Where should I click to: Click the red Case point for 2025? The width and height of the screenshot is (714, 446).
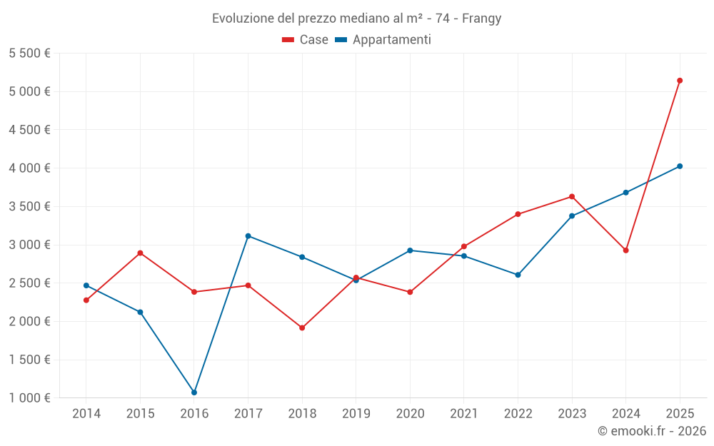pyautogui.click(x=680, y=81)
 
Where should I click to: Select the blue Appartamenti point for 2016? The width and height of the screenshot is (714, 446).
pyautogui.click(x=194, y=392)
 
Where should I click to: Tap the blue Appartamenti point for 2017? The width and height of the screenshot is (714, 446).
pyautogui.click(x=248, y=236)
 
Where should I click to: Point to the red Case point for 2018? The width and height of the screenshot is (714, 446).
pyautogui.click(x=302, y=328)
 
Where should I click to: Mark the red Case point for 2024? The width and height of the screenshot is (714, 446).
pyautogui.click(x=625, y=250)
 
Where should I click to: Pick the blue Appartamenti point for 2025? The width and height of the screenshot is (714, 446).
pyautogui.click(x=680, y=166)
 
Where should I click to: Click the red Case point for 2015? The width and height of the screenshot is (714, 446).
pyautogui.click(x=140, y=253)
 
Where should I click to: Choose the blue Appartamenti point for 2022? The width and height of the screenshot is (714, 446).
pyautogui.click(x=518, y=275)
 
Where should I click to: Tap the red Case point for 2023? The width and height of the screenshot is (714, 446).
pyautogui.click(x=572, y=197)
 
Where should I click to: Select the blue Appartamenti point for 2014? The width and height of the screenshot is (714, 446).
pyautogui.click(x=86, y=285)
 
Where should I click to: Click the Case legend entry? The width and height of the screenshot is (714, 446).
pyautogui.click(x=306, y=40)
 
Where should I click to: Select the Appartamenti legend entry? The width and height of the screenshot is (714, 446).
pyautogui.click(x=383, y=40)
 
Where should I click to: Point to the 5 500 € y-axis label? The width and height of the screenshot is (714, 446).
pyautogui.click(x=29, y=54)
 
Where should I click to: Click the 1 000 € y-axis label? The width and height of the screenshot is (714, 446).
pyautogui.click(x=29, y=398)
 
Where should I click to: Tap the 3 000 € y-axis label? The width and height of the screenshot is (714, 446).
pyautogui.click(x=29, y=245)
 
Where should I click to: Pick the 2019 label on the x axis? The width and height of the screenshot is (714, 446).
pyautogui.click(x=356, y=414)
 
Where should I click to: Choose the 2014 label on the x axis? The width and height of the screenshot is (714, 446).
pyautogui.click(x=86, y=414)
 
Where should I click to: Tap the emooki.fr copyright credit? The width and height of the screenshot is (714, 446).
pyautogui.click(x=652, y=431)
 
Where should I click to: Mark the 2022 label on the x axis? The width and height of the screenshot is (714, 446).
pyautogui.click(x=518, y=414)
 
